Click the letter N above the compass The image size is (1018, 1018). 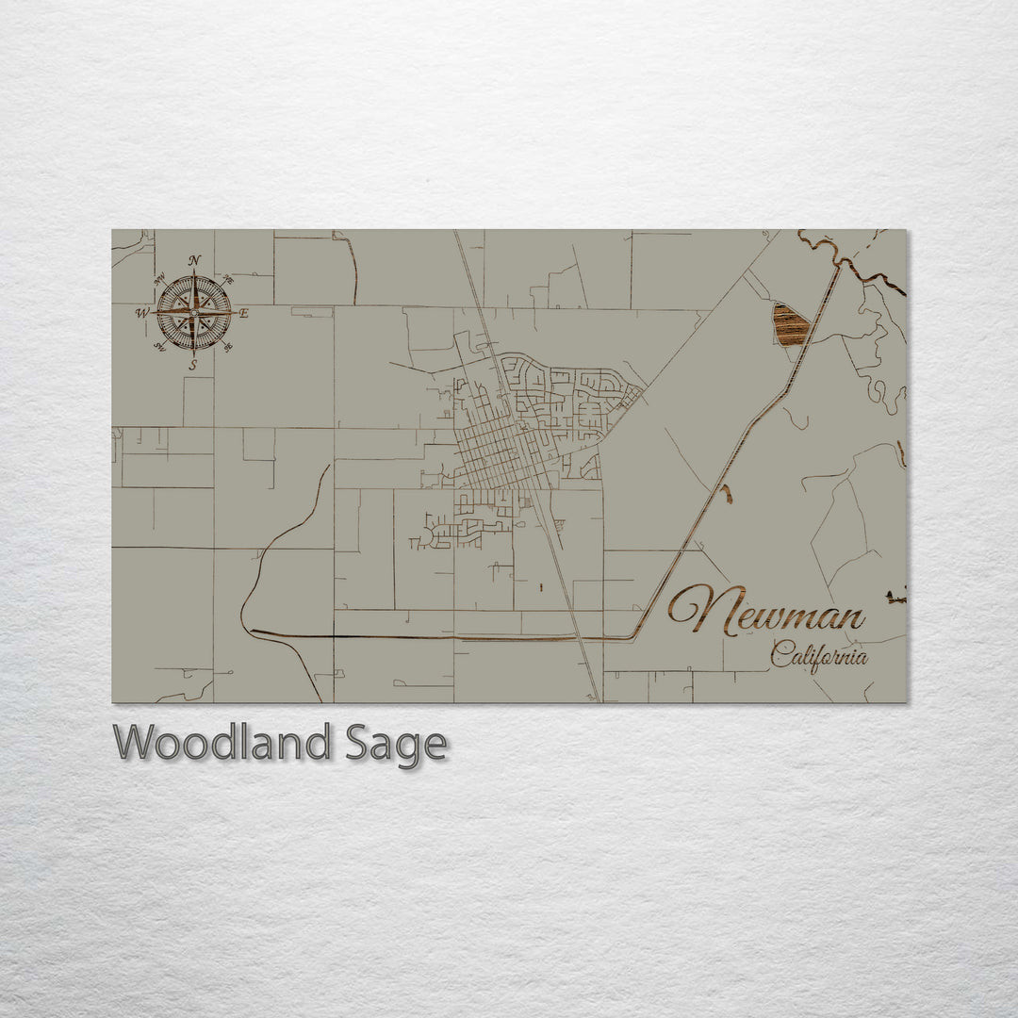point(194,261)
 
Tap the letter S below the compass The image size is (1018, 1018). point(193,365)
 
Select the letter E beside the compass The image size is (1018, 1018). point(244,314)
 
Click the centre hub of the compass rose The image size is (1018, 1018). point(193,312)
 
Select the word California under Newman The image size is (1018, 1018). point(818,654)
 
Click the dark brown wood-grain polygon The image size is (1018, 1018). point(790,325)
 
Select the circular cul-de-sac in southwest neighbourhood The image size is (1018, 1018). point(426,536)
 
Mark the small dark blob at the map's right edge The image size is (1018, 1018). point(896,596)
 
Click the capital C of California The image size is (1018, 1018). point(780,652)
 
